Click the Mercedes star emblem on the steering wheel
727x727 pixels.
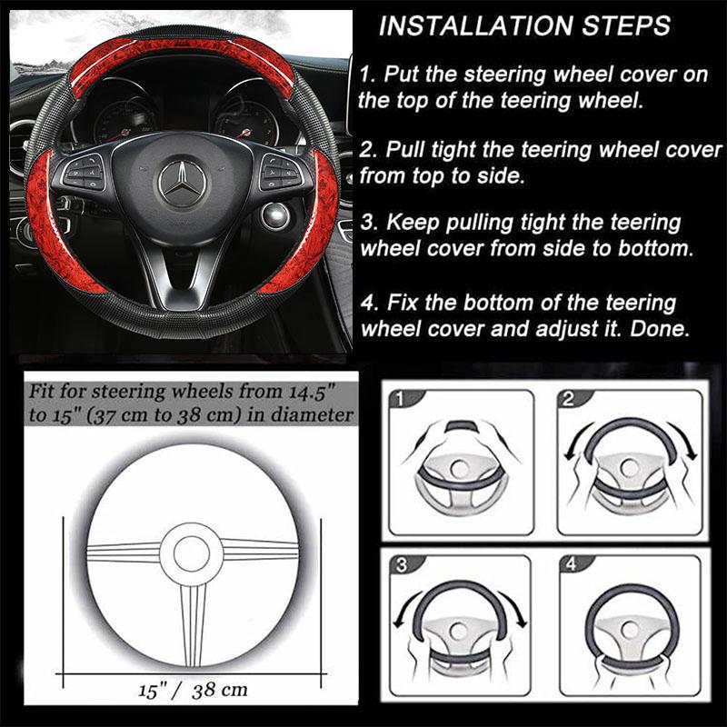(182, 182)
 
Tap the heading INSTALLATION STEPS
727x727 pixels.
(524, 25)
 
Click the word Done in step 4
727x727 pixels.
(669, 327)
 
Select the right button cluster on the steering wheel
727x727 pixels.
(275, 169)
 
